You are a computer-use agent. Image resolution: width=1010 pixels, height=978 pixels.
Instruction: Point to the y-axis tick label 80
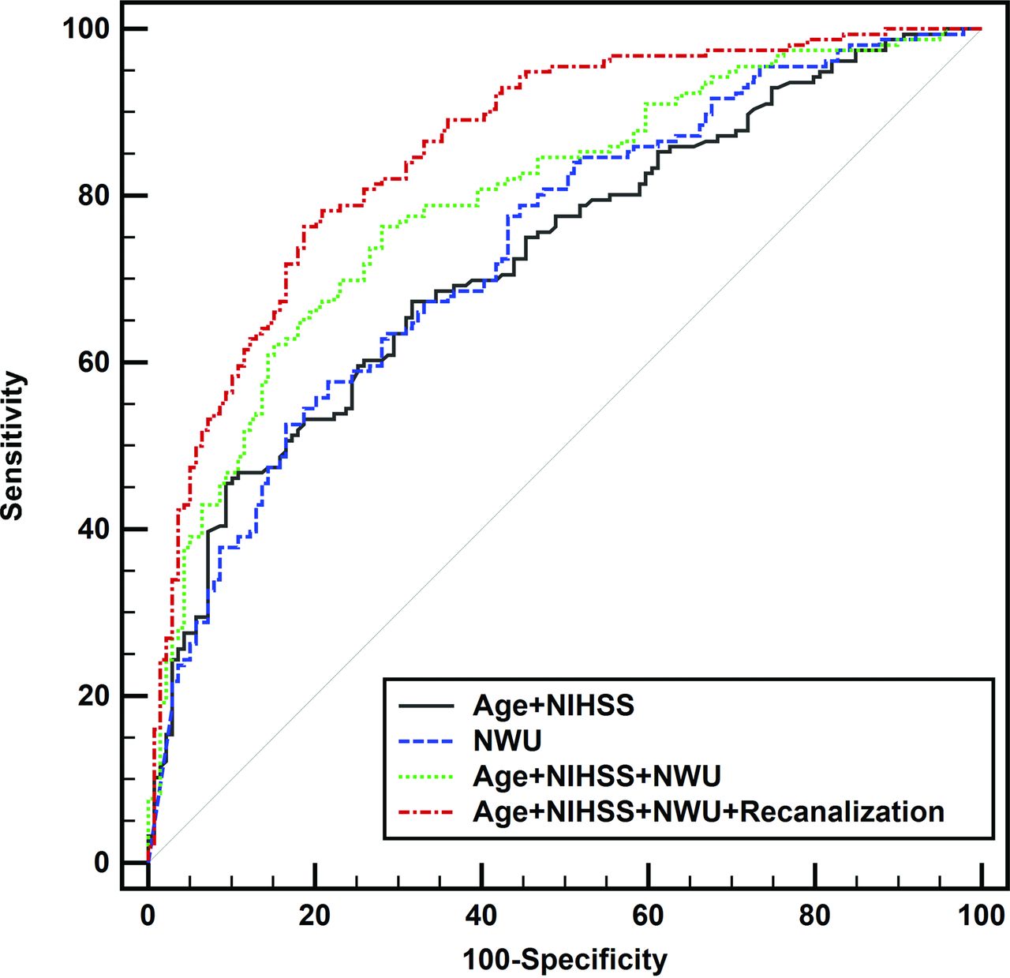93,196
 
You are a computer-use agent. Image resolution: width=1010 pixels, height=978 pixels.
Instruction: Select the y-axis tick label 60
93,362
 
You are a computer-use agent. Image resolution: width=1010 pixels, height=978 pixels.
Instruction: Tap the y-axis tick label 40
93,529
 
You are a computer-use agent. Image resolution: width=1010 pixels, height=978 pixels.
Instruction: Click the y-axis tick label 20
93,696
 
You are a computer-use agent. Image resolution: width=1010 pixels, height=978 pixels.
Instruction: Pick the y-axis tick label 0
101,863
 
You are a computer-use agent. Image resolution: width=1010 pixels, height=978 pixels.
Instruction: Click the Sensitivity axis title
13,445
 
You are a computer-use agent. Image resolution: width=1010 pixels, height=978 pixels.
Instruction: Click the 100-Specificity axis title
564,960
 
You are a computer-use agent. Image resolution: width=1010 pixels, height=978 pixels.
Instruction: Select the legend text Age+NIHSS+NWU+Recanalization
708,811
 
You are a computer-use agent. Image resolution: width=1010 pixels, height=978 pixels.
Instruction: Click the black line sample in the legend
426,705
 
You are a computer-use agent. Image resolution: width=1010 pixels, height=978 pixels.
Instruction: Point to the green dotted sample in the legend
426,777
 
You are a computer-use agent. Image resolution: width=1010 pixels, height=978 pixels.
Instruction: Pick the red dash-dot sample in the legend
426,811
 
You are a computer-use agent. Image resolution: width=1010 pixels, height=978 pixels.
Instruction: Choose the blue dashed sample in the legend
426,740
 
